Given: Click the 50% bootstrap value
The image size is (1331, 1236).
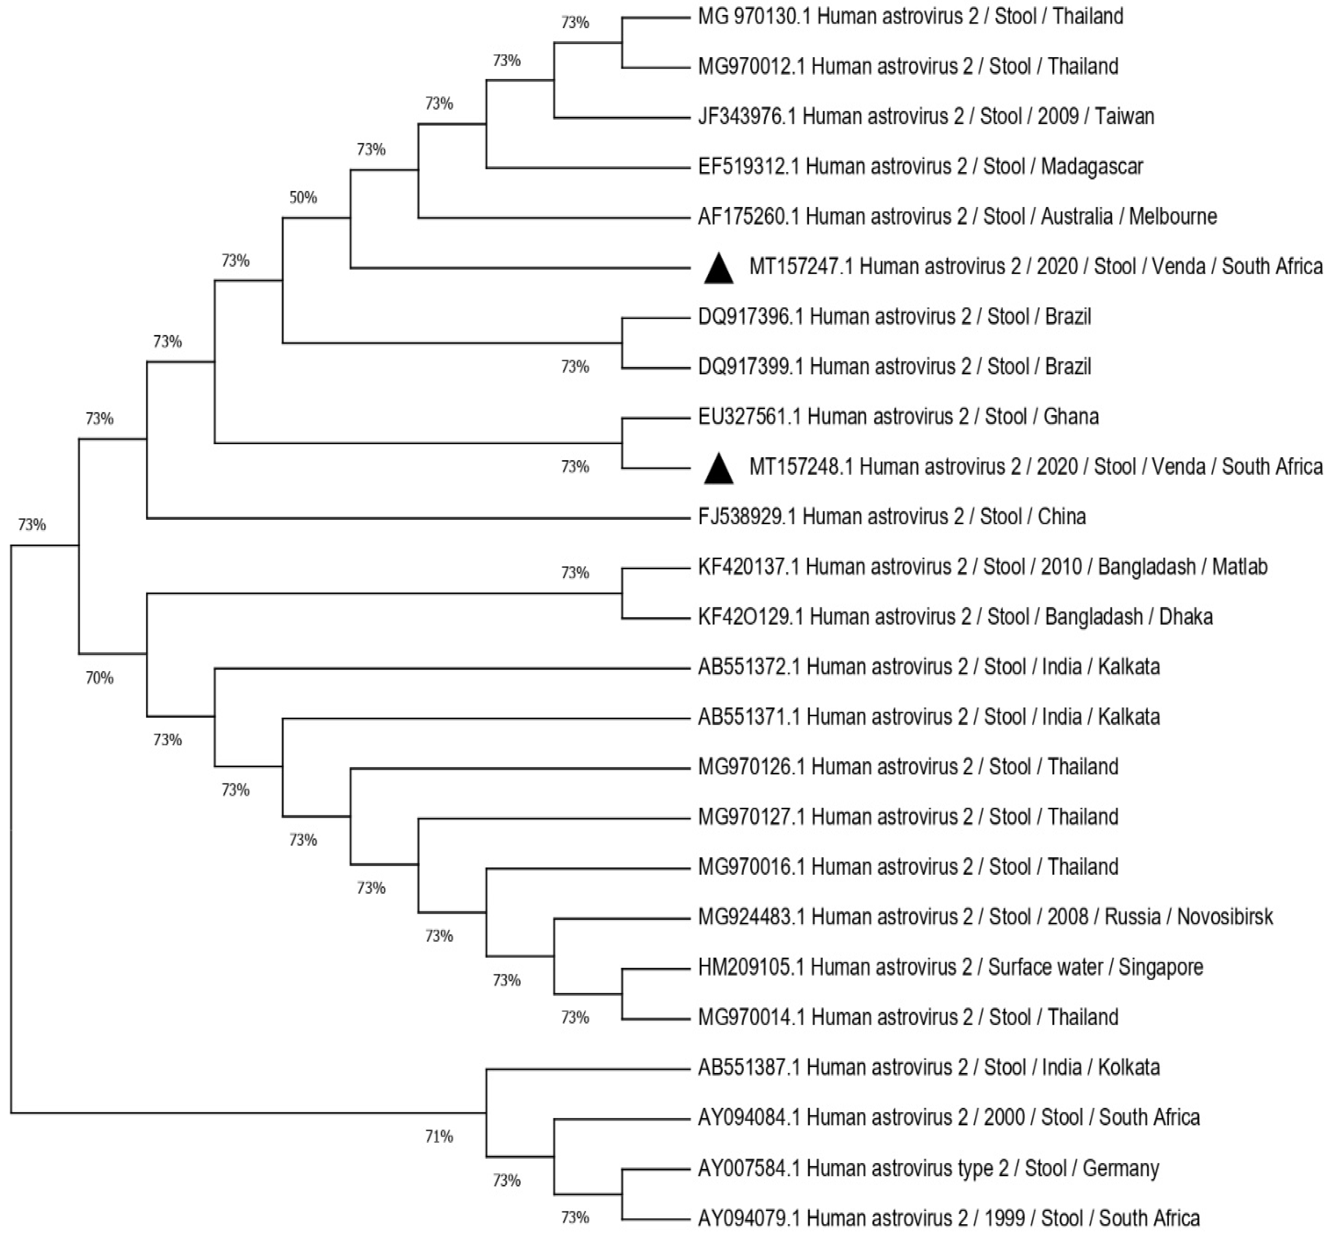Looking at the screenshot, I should (303, 197).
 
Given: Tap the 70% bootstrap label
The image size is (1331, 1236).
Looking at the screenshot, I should (100, 678).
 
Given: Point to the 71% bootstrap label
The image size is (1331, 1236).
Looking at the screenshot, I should (439, 1136).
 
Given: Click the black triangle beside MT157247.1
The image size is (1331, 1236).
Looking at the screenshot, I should (719, 269).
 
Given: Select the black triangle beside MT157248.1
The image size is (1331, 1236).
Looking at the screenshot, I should (719, 469).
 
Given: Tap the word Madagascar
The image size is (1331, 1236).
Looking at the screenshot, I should (1092, 167).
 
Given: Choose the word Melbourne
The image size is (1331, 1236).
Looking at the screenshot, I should (1173, 217).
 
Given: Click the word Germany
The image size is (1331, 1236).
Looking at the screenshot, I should (1121, 1169).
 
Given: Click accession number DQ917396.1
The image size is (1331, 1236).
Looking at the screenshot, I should (750, 316).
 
